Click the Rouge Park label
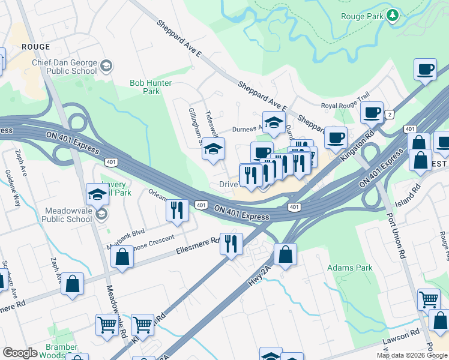coord(361,17)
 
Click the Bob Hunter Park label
coord(151,87)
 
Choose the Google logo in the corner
coord(20,353)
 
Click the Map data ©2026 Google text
coord(412,355)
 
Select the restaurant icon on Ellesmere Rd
coord(231,244)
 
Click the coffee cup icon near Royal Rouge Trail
coord(372,112)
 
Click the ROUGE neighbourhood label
coord(35,47)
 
